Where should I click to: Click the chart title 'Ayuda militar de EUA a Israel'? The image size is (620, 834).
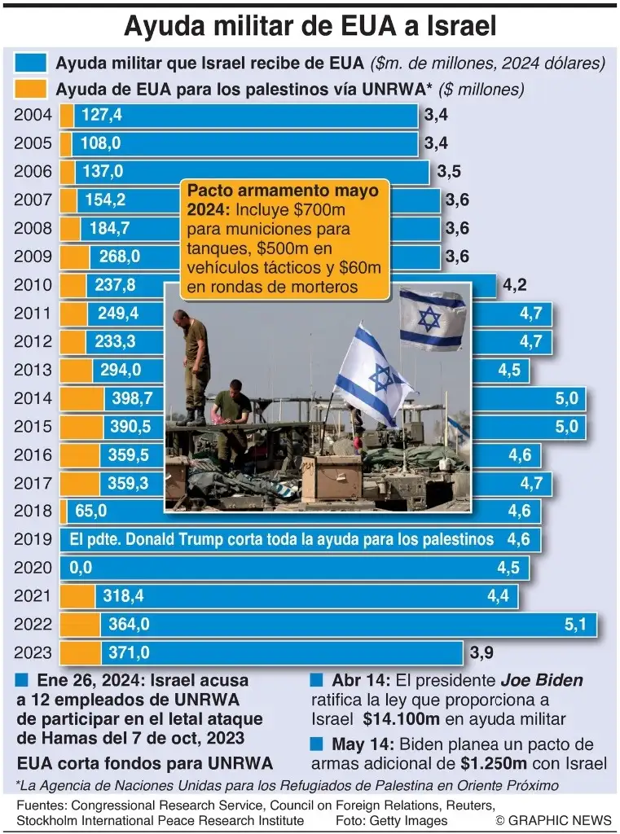click(x=310, y=26)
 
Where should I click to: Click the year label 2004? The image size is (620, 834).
click(x=33, y=115)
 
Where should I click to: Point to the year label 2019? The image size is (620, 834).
click(x=33, y=540)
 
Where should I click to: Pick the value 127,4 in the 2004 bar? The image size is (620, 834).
click(x=102, y=115)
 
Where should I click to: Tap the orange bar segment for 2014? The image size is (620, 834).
click(x=81, y=398)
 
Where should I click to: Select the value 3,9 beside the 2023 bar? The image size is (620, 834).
click(x=481, y=652)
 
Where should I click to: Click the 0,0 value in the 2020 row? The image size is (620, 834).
click(x=81, y=568)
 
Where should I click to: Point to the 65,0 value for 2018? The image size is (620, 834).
click(x=90, y=511)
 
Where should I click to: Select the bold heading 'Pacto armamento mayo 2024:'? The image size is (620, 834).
click(x=283, y=200)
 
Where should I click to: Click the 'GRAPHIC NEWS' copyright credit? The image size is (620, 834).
click(x=552, y=819)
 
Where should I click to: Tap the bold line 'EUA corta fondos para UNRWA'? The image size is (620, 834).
click(x=144, y=763)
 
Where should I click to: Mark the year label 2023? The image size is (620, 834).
click(x=33, y=653)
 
